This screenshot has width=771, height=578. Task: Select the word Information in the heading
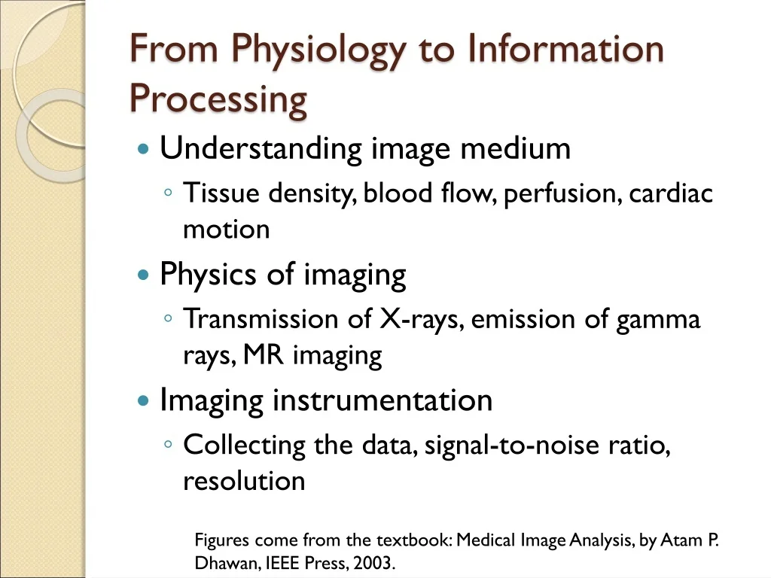click(565, 48)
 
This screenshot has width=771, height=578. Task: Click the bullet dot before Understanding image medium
click(143, 148)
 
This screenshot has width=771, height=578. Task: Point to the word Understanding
click(261, 148)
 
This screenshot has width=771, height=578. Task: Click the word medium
click(515, 148)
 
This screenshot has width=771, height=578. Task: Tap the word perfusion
click(560, 193)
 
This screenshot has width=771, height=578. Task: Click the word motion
click(226, 230)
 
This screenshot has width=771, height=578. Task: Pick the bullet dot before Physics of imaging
click(143, 274)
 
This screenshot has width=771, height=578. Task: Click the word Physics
click(208, 274)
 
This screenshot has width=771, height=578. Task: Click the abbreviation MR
click(264, 355)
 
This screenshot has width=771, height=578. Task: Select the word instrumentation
click(382, 400)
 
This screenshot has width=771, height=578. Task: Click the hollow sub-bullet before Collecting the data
click(168, 444)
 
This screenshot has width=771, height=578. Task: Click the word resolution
click(244, 481)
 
